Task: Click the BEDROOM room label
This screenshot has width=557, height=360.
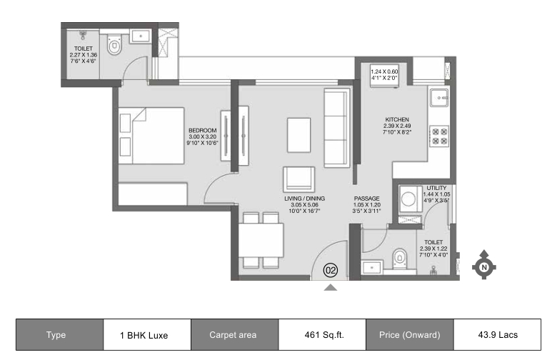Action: click(203, 131)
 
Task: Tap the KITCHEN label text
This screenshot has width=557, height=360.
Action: click(397, 119)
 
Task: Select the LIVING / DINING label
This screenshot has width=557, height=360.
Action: click(304, 199)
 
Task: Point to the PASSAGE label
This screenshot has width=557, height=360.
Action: click(366, 199)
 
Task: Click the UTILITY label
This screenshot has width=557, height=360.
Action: click(436, 188)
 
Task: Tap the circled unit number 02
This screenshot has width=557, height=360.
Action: click(331, 271)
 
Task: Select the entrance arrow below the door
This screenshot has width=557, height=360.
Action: click(331, 288)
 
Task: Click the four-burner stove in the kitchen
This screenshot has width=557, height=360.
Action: click(439, 136)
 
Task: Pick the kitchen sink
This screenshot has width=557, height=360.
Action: click(439, 97)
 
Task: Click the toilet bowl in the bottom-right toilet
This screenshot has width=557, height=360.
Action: click(400, 259)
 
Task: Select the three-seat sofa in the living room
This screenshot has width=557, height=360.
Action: click(336, 128)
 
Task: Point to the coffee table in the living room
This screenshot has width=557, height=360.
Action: click(298, 136)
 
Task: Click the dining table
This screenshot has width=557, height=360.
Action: click(261, 240)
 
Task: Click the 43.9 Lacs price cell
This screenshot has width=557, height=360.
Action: click(497, 335)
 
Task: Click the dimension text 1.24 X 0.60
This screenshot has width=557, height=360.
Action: click(384, 71)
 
